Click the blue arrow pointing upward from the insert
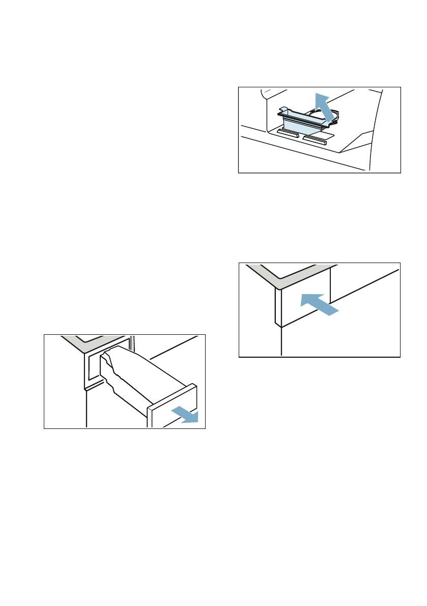coord(324,107)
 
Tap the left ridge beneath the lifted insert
coord(288,133)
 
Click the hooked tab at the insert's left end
coord(281,110)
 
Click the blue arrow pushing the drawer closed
coord(318,303)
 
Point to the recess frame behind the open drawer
coord(95,366)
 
